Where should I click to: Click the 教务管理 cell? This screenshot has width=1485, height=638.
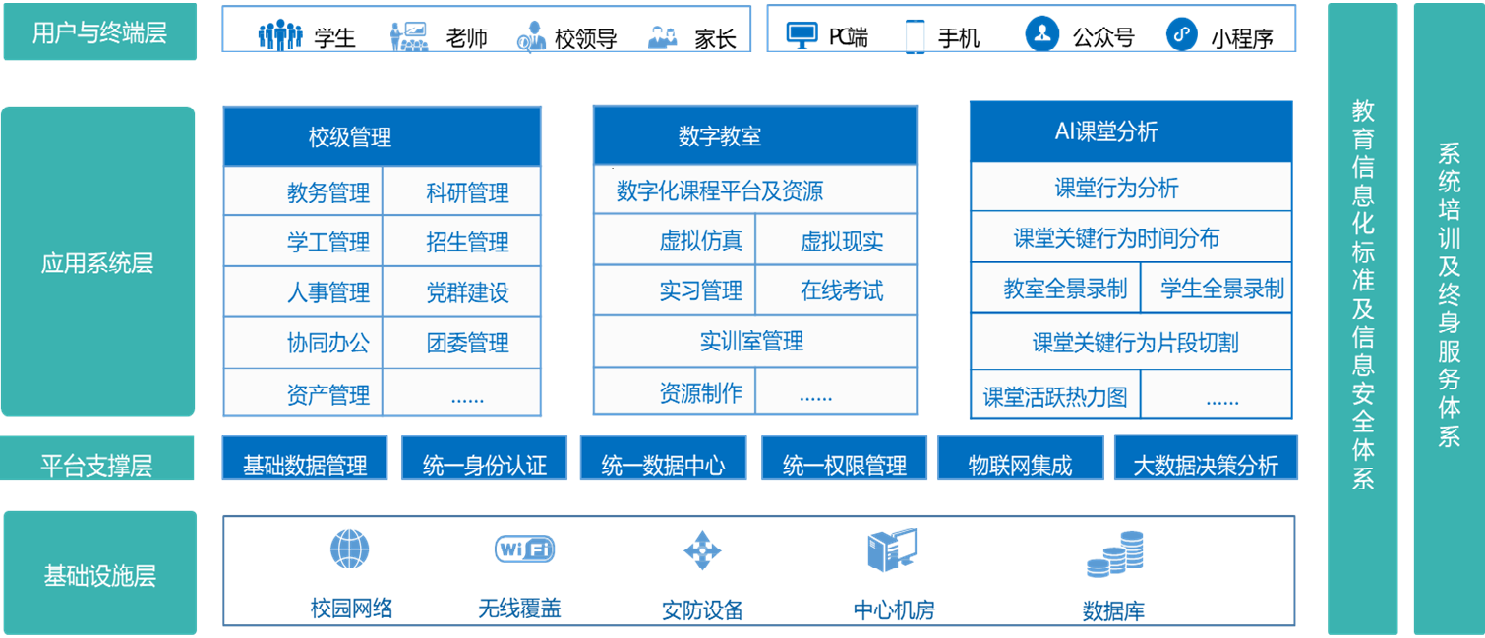click(303, 192)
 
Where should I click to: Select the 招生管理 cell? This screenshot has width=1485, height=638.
click(462, 241)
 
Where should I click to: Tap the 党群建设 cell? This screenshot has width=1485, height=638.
click(462, 292)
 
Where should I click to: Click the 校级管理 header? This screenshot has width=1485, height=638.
click(382, 138)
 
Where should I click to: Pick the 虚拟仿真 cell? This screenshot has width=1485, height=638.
click(675, 240)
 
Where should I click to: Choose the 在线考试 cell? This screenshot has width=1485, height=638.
click(836, 290)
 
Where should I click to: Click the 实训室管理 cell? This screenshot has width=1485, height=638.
click(755, 340)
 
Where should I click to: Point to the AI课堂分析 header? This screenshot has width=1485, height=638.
click(1131, 131)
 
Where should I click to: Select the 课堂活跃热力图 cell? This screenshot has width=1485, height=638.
click(1055, 395)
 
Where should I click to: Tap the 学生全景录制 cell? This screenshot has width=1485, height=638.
click(1217, 287)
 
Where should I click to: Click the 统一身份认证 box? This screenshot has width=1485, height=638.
click(484, 458)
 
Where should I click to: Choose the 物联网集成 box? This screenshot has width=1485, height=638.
click(1020, 458)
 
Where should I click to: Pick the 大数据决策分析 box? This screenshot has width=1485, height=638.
click(1206, 457)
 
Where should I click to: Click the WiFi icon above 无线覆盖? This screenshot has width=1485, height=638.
click(524, 550)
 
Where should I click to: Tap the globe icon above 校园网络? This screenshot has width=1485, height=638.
click(349, 550)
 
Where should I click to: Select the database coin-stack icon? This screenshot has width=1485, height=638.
click(1116, 553)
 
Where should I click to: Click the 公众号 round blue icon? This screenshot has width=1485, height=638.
click(1042, 33)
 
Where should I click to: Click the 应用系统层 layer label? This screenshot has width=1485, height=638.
click(97, 262)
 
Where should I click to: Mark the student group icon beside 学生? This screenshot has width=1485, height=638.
click(279, 34)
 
